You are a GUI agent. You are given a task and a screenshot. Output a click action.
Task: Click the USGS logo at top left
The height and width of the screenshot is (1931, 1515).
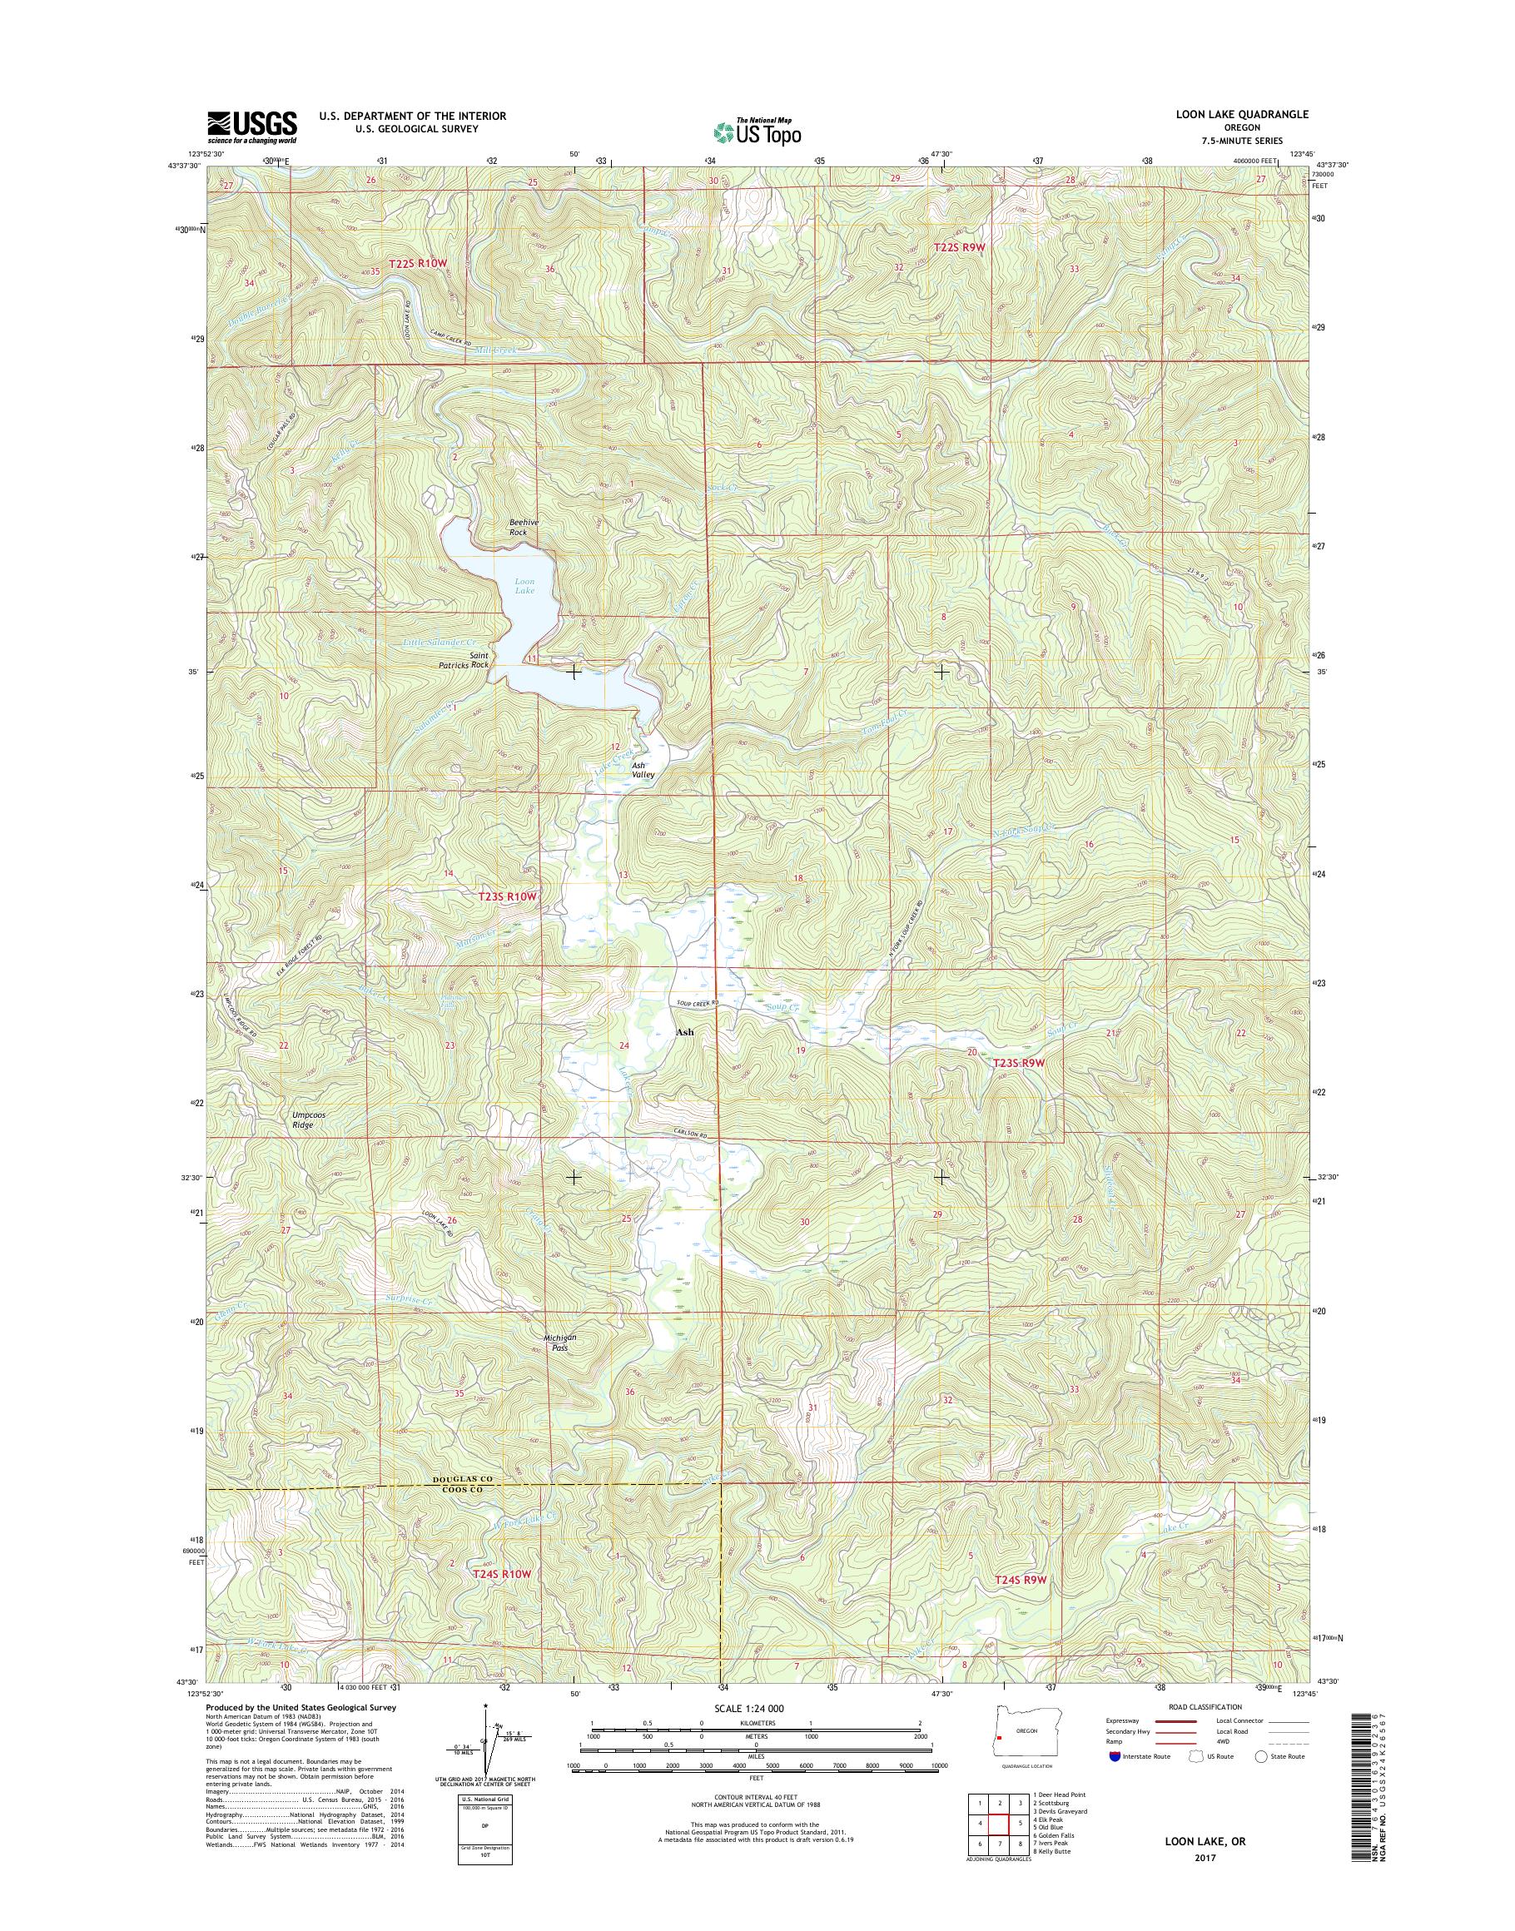click(252, 127)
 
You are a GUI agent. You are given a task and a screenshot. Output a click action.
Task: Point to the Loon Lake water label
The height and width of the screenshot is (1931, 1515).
click(524, 585)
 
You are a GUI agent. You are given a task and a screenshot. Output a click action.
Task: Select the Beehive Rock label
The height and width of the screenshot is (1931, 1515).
click(518, 527)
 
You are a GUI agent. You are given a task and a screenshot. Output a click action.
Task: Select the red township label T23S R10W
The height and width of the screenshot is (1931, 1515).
click(502, 896)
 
